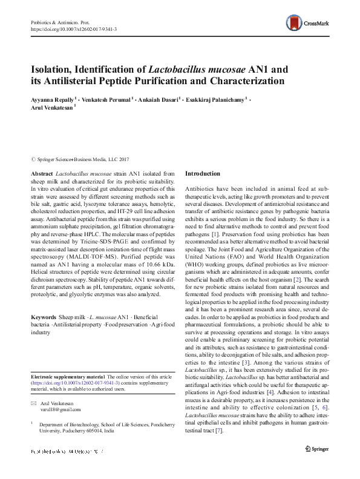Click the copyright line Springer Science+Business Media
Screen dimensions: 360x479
(83, 160)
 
